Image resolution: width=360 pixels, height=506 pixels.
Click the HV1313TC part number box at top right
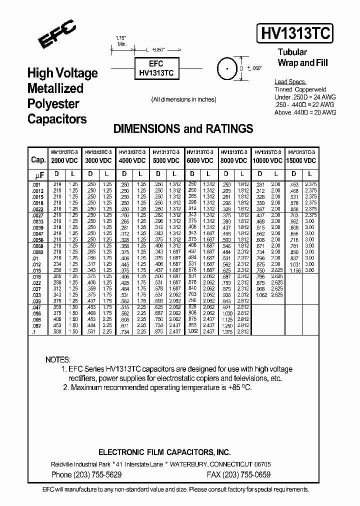294,34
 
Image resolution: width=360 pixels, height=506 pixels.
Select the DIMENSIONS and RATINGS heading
183,128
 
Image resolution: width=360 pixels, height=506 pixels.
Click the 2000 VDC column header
64,160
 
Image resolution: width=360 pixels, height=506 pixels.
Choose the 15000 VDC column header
301,160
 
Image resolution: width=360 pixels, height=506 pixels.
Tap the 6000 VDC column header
199,160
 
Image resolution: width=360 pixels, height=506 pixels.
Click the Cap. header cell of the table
38,160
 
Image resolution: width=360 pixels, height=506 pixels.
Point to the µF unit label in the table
38,175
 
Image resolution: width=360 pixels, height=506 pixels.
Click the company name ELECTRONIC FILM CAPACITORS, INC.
164,452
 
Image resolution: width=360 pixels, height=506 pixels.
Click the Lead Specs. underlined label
290,81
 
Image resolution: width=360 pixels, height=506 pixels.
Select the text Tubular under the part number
292,52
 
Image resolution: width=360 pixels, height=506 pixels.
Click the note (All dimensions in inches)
183,99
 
